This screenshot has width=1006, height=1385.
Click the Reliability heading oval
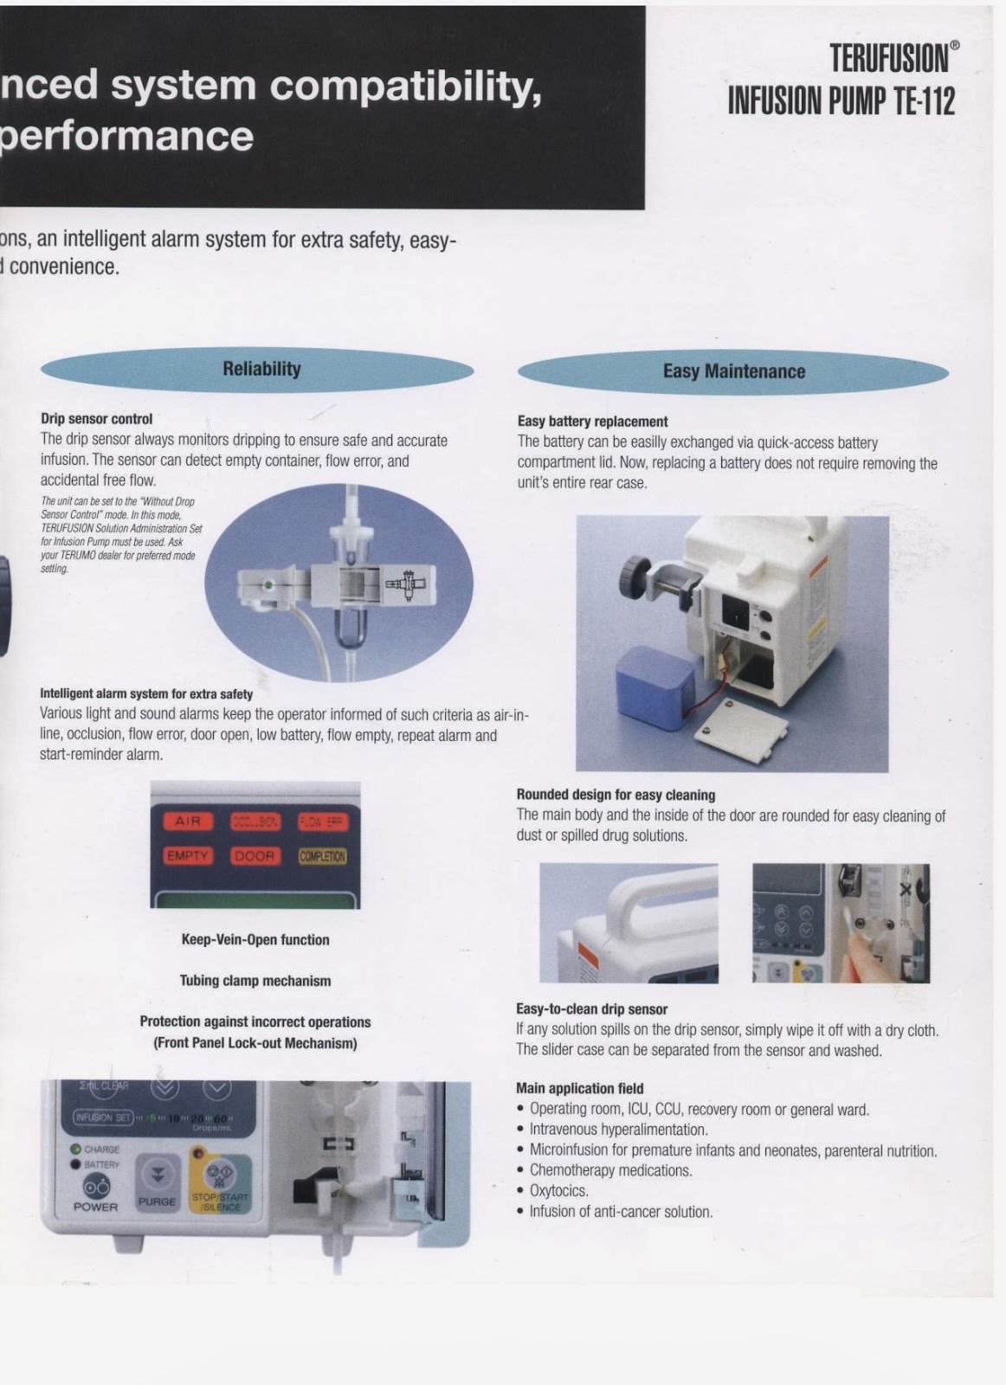pyautogui.click(x=257, y=370)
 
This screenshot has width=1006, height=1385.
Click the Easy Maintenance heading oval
pyautogui.click(x=732, y=372)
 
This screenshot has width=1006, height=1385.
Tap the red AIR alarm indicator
pyautogui.click(x=188, y=821)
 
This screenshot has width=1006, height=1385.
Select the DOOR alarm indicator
pyautogui.click(x=254, y=856)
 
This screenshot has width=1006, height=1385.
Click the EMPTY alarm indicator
pyautogui.click(x=188, y=856)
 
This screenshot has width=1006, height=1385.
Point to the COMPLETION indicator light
pyautogui.click(x=322, y=856)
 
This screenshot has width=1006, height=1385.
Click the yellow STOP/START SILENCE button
pyautogui.click(x=220, y=1184)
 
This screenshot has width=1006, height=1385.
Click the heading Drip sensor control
pyautogui.click(x=96, y=419)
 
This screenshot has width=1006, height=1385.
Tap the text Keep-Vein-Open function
pyautogui.click(x=255, y=940)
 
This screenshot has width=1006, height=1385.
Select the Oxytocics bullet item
pyautogui.click(x=559, y=1191)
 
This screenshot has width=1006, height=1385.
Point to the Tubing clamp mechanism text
pyautogui.click(x=255, y=981)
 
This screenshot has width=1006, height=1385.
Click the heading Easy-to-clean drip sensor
pyautogui.click(x=591, y=1009)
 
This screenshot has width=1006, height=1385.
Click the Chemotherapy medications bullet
pyautogui.click(x=610, y=1171)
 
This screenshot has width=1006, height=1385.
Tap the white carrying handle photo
pyautogui.click(x=629, y=922)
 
